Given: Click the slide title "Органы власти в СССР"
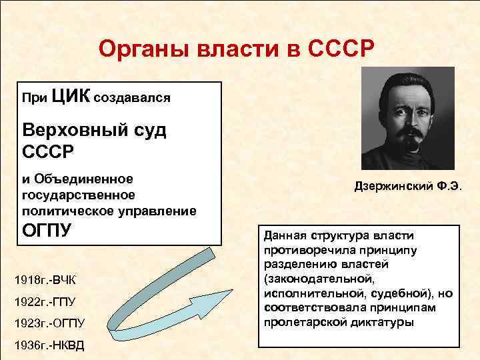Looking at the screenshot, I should pyautogui.click(x=237, y=50).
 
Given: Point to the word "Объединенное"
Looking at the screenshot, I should pyautogui.click(x=84, y=178).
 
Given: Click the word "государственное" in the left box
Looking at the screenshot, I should pyautogui.click(x=79, y=195).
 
